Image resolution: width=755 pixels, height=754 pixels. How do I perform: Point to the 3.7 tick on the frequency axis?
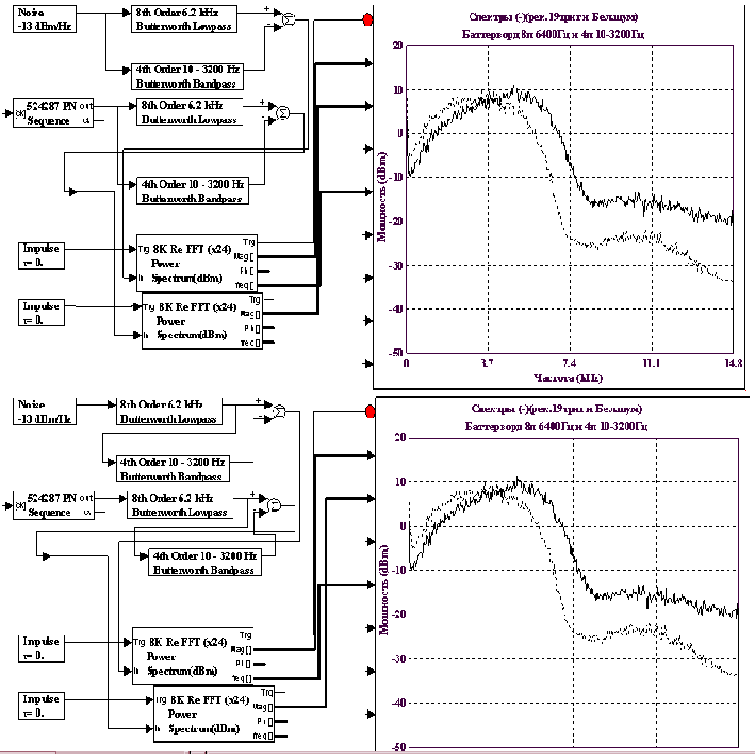click(487, 362)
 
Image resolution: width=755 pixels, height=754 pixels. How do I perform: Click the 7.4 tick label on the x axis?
click(569, 362)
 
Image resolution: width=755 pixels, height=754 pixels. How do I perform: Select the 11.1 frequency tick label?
click(650, 362)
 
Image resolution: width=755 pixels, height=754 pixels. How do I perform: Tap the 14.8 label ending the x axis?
click(731, 362)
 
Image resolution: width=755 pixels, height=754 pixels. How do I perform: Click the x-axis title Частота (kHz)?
click(568, 376)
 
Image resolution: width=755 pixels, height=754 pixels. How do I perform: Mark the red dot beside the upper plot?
click(367, 19)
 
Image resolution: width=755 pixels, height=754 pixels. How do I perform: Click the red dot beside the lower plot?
click(367, 411)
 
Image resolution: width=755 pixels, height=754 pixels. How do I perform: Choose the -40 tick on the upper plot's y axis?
click(396, 309)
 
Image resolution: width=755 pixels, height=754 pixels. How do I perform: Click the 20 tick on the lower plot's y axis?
click(398, 437)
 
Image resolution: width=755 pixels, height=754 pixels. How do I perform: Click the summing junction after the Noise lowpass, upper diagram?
click(288, 20)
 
